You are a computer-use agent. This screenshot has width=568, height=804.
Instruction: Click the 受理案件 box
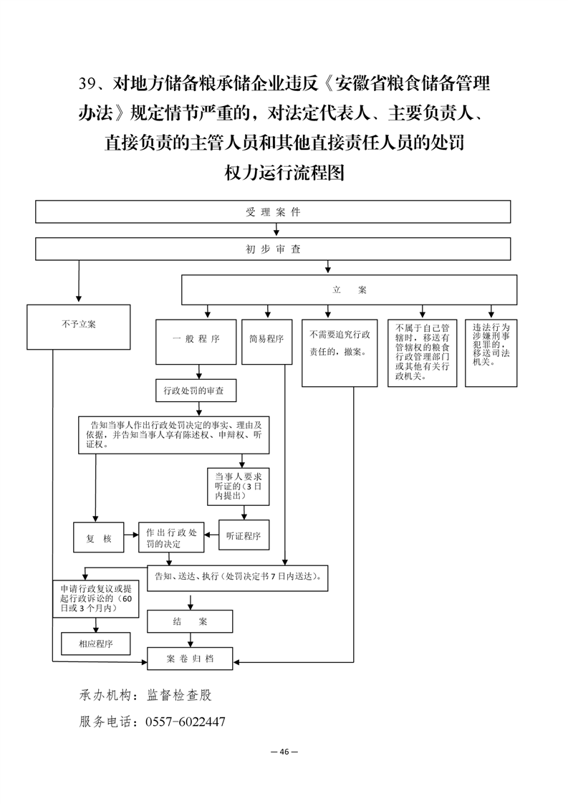273,212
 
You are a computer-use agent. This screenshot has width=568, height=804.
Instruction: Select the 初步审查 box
273,249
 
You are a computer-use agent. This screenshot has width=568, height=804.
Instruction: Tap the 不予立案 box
79,327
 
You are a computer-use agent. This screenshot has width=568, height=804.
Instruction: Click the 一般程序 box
196,342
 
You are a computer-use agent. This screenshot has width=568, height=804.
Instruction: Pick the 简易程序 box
266,342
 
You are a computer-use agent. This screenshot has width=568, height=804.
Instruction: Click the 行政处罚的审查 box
196,391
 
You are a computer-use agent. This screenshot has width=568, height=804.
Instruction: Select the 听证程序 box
244,536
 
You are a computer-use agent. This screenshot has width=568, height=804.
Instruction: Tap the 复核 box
98,538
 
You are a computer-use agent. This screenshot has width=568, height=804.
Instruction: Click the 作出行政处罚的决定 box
171,538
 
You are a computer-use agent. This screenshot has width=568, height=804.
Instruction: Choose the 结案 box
190,621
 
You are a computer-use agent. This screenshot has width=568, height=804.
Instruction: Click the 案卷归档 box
190,659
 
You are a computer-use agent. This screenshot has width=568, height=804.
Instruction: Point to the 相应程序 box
96,643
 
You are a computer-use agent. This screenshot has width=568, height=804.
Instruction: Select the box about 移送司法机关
491,353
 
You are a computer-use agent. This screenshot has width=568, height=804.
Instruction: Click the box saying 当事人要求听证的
238,486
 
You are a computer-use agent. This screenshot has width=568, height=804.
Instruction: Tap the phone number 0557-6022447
186,722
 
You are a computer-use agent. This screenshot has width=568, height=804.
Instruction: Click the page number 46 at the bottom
284,752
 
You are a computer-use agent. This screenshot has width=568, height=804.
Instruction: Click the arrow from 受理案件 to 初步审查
276,230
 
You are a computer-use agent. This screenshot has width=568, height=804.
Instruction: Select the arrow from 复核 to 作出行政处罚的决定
131,535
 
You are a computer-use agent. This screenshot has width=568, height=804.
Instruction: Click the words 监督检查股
179,695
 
